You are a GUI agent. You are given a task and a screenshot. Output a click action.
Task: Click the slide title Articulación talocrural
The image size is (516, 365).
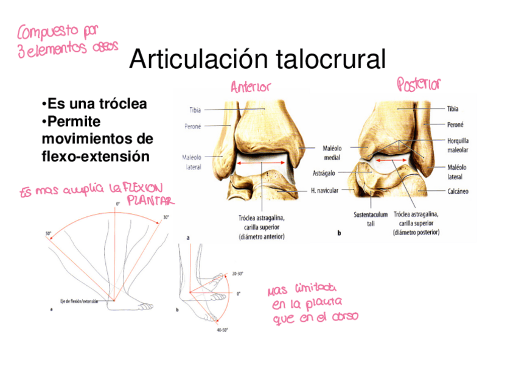coord(257,60)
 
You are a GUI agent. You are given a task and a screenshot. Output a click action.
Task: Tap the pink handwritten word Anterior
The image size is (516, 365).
coord(250,87)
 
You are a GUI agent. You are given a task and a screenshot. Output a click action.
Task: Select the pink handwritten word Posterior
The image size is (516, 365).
coord(419,83)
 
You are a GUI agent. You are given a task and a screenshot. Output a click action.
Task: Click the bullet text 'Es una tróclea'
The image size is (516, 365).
coord(94,104)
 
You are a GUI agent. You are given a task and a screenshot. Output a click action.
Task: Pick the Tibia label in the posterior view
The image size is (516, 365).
coord(453,109)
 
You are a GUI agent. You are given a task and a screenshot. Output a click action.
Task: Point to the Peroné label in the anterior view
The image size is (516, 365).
coord(192,127)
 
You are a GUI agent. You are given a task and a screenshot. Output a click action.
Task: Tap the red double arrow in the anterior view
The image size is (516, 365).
coord(263,163)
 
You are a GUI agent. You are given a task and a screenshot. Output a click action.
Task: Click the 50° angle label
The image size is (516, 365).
coord(48,233)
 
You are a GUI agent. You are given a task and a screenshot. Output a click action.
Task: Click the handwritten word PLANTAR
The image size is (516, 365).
coord(150,200)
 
